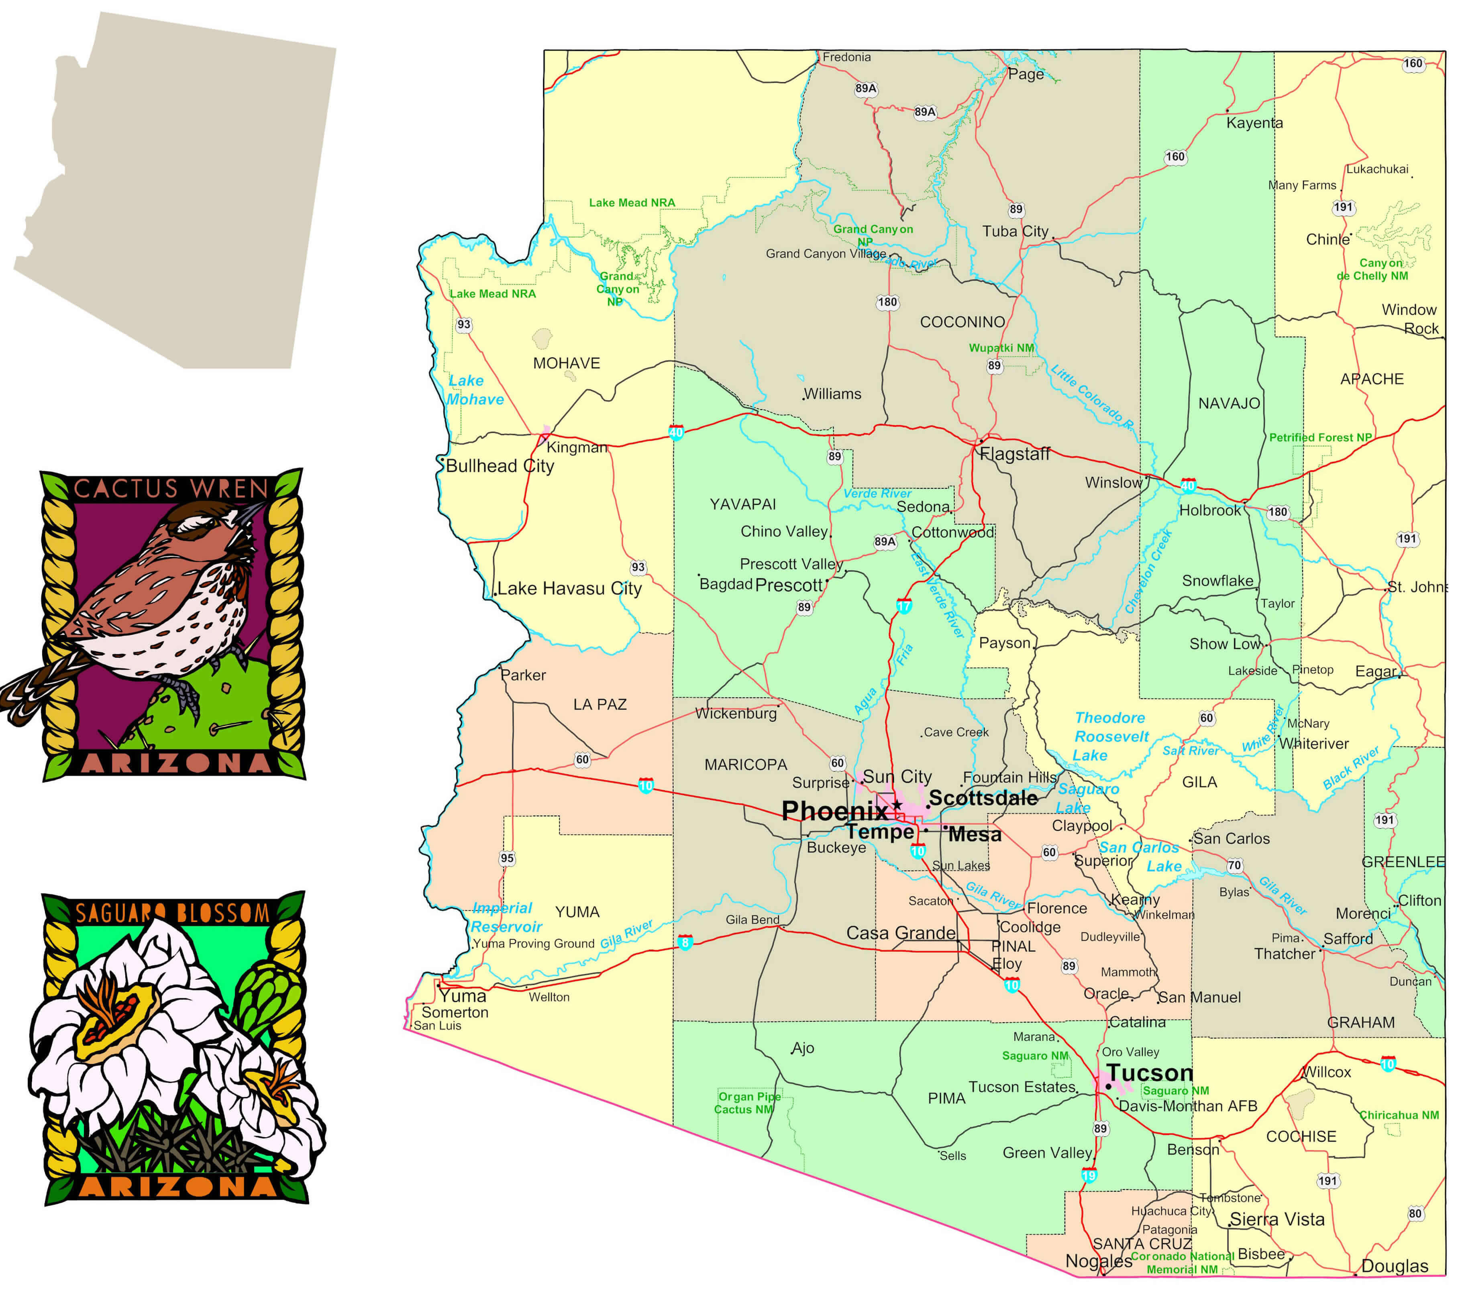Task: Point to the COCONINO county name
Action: tap(962, 322)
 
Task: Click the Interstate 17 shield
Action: tap(904, 606)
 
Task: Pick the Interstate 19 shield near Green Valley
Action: tap(1089, 1175)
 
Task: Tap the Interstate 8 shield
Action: tap(685, 942)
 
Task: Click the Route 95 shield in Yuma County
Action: tap(507, 858)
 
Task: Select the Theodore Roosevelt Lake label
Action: tap(1111, 736)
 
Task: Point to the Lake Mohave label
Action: tap(475, 390)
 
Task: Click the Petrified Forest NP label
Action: tap(1320, 437)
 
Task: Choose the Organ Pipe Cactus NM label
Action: tap(747, 1103)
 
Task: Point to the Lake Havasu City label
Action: tap(569, 589)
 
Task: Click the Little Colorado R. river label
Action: tap(1092, 397)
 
